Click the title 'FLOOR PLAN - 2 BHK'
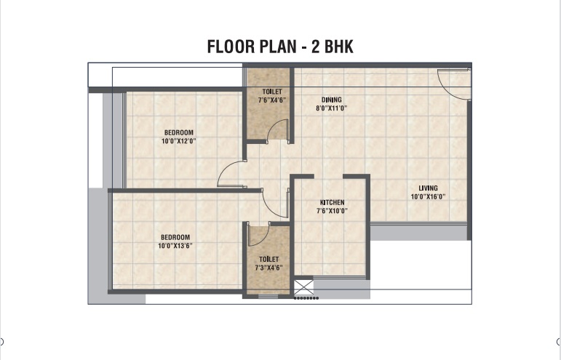280,47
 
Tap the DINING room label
331,100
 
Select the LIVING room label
428,188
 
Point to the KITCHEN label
332,202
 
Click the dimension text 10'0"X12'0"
178,141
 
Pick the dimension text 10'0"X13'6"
175,246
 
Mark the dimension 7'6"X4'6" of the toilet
272,100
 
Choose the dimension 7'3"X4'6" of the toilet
268,268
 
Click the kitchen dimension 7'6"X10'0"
332,211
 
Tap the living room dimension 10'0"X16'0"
428,196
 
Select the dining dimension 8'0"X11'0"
331,108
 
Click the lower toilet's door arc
264,238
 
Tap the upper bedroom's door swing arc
225,169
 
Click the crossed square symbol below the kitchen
303,287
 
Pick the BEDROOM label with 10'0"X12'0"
178,132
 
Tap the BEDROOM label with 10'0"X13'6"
175,237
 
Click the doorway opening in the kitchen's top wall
328,176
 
